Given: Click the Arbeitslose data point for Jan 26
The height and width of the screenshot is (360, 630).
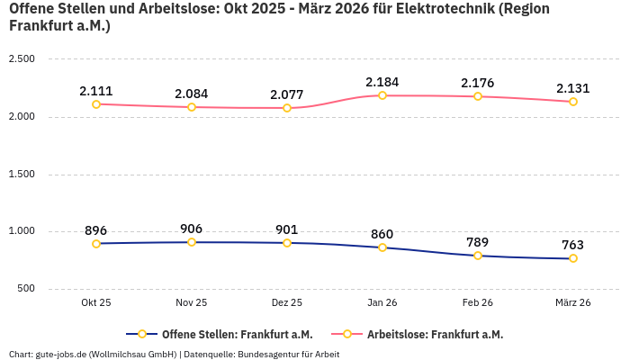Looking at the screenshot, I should [382, 95].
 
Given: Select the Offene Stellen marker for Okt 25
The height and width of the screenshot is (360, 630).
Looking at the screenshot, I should [96, 244].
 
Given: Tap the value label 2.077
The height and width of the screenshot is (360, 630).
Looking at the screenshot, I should [287, 94].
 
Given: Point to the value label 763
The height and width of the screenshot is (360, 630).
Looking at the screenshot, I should [573, 245].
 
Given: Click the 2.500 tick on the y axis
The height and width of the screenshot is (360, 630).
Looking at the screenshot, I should [21, 59].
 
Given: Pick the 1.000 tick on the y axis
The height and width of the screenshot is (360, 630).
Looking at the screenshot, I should [21, 231].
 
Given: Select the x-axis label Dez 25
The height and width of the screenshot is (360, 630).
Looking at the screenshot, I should [287, 303].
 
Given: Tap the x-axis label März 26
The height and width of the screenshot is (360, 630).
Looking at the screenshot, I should [573, 303].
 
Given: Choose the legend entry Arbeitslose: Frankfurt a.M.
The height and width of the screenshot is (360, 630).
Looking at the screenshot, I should [435, 334].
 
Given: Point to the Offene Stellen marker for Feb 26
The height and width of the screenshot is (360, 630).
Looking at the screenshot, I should [478, 256].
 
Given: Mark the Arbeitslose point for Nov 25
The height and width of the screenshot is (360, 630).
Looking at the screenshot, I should [192, 107].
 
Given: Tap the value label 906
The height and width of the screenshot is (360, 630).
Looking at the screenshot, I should [192, 229].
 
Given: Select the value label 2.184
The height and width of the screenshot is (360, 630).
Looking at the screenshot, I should [382, 82].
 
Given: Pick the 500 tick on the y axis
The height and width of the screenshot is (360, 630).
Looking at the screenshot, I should [25, 289].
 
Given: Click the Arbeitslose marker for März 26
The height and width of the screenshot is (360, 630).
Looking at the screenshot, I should [573, 102].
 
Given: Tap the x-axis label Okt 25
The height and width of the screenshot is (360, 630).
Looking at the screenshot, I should [96, 303].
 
